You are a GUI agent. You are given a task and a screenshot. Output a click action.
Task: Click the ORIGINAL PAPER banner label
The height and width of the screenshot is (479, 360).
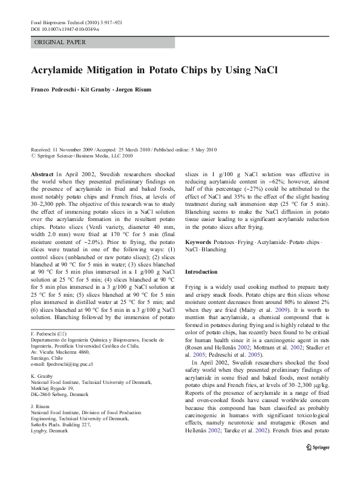coord(60,42)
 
